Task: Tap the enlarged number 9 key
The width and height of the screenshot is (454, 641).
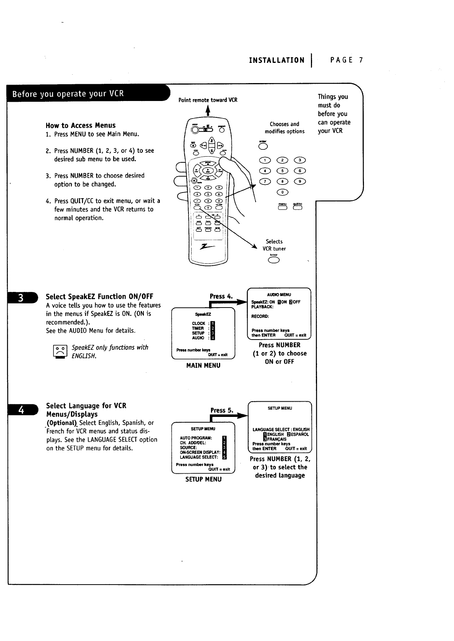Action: click(x=301, y=181)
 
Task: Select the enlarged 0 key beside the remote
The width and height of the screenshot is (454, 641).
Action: click(x=282, y=192)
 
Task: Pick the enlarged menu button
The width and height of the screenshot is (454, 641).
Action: click(x=283, y=208)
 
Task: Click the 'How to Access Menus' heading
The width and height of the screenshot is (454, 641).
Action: click(x=80, y=125)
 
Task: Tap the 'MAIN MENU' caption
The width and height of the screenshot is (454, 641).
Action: click(x=203, y=365)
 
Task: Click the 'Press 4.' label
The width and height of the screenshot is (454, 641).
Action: click(x=221, y=296)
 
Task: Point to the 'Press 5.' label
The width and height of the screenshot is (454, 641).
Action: click(x=222, y=410)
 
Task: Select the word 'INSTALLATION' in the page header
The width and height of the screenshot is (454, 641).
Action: click(x=277, y=60)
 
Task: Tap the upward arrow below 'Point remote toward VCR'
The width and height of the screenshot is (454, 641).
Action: click(x=208, y=110)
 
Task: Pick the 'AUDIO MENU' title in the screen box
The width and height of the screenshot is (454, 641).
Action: click(x=279, y=295)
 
